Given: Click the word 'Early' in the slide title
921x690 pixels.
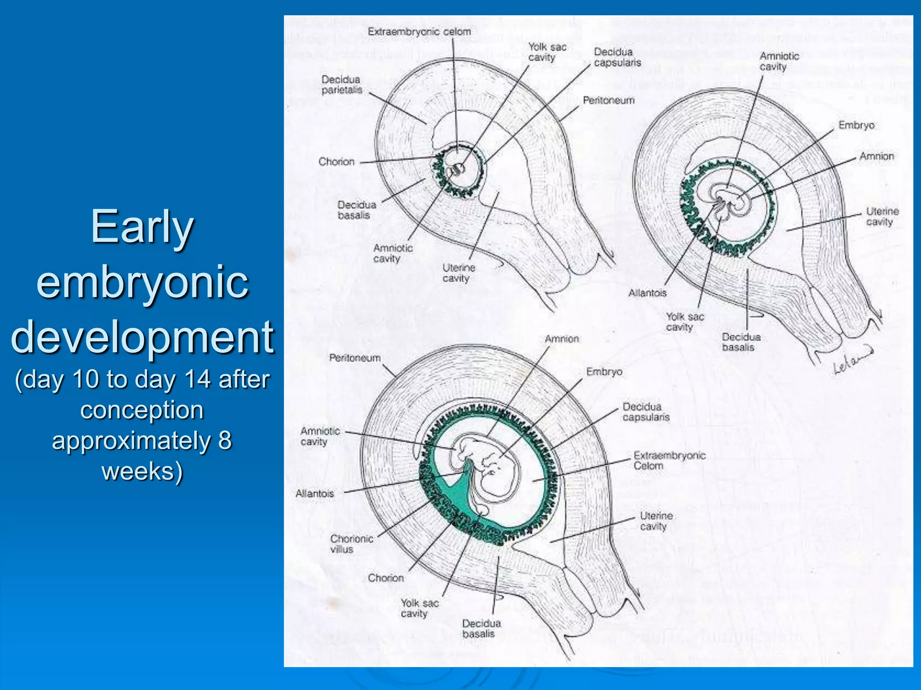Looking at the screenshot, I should pos(142,227).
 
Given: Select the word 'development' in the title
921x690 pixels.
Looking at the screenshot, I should pos(142,337).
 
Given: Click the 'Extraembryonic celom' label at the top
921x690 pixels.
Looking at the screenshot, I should pos(419,32).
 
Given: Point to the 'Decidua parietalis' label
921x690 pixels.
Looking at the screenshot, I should pos(342,85).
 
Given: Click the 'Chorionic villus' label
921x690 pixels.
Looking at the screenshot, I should pos(351,544).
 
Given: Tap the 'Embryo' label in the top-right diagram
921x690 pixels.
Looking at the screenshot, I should pos(856,125).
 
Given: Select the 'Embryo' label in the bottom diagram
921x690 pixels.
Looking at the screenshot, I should pos(604,372).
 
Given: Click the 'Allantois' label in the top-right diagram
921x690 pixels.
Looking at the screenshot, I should pos(647,293).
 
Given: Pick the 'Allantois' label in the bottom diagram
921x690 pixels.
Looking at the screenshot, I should pos(315,493).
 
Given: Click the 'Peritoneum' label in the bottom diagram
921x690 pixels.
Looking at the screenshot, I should pos(355,358).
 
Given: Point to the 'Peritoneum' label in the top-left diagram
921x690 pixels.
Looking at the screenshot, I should pos(608,101).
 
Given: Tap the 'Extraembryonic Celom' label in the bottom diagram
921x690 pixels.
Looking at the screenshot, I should pos(669,460).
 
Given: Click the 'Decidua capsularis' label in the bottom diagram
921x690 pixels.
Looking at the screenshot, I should pos(646,412).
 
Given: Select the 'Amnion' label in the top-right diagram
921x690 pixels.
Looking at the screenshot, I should pos(876,156).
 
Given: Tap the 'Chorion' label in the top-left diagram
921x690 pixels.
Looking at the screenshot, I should pos(336,162).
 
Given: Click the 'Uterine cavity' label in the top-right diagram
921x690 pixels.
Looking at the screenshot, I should pos(882,217).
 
